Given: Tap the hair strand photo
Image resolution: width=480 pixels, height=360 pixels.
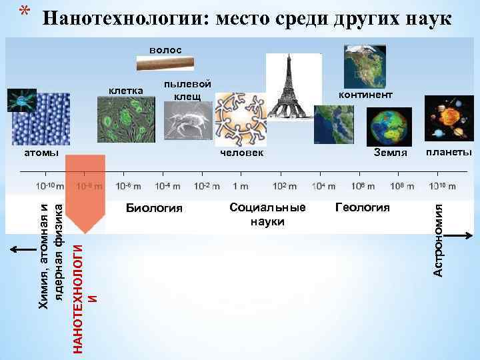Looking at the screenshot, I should tap(165, 64).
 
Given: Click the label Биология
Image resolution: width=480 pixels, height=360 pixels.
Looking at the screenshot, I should tap(153, 208).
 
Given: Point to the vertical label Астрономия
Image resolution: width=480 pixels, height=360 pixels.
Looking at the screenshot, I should tap(438, 240).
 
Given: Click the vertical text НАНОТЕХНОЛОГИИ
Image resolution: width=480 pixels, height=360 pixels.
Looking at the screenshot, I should tap(79, 289).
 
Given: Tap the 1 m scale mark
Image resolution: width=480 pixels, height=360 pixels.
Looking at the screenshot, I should tap(240, 186).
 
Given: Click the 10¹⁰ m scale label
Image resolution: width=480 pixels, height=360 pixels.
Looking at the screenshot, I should tap(442, 186).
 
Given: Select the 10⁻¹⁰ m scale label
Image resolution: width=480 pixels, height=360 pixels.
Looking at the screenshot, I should tap(49, 186).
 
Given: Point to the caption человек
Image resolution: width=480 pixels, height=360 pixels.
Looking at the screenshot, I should tap(242, 153).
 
